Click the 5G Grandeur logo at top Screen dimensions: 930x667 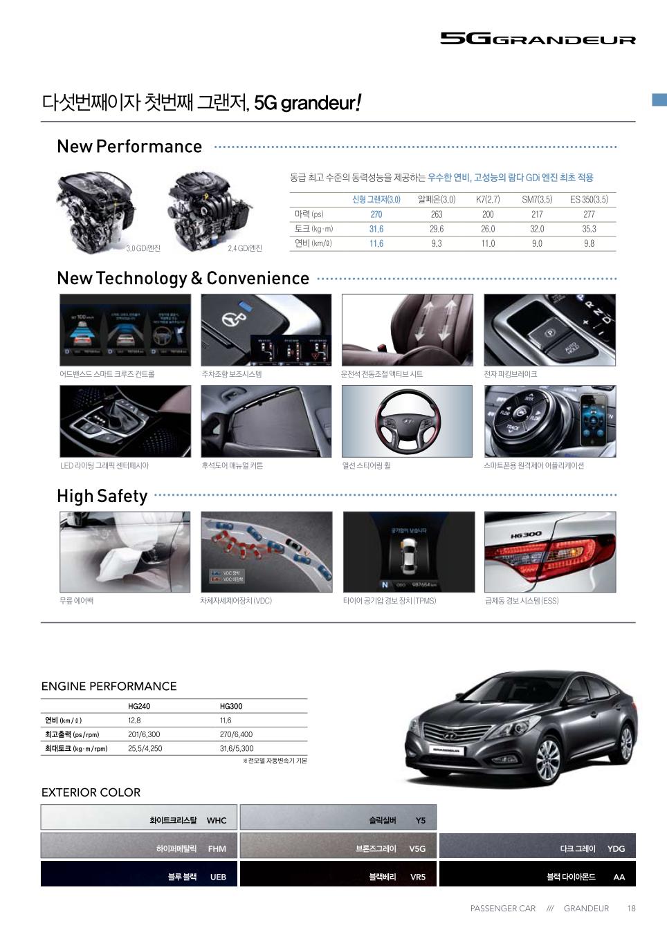pyautogui.click(x=538, y=39)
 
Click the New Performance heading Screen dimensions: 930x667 pyautogui.click(x=129, y=147)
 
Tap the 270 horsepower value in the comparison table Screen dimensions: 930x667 pyautogui.click(x=376, y=214)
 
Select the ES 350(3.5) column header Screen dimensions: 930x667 pyautogui.click(x=589, y=199)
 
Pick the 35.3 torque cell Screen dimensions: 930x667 pyautogui.click(x=589, y=229)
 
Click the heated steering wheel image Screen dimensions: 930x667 pyautogui.click(x=407, y=420)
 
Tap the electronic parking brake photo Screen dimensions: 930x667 pyautogui.click(x=549, y=330)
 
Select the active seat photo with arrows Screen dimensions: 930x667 pyautogui.click(x=407, y=330)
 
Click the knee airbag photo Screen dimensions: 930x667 pyautogui.click(x=125, y=552)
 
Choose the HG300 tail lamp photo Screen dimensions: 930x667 pyautogui.click(x=549, y=552)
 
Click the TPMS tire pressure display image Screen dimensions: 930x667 pyautogui.click(x=408, y=552)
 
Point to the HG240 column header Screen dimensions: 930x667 pyautogui.click(x=139, y=706)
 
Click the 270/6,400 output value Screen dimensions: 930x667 pyautogui.click(x=236, y=734)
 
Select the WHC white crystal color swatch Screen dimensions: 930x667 pyautogui.click(x=138, y=817)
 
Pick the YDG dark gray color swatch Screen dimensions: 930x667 pyautogui.click(x=537, y=846)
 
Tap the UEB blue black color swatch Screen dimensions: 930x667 pyautogui.click(x=138, y=874)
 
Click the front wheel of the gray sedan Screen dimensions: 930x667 pyautogui.click(x=548, y=760)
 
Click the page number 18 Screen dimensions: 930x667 pyautogui.click(x=631, y=909)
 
